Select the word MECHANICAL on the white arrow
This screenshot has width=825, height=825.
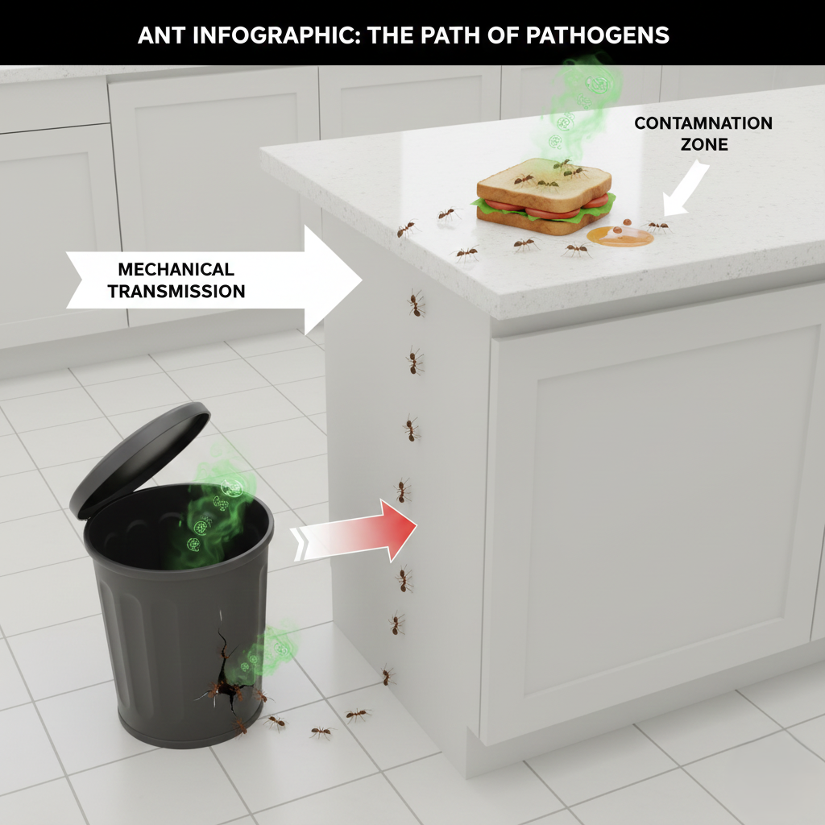(176, 269)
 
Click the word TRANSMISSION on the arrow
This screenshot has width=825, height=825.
(176, 292)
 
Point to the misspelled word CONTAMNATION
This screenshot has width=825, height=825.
(703, 123)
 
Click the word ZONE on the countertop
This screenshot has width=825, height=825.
(703, 145)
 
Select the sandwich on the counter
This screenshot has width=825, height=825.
(544, 197)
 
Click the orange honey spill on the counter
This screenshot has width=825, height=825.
(620, 235)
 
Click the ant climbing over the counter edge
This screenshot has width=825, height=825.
(407, 230)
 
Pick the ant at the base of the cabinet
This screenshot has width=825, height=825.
(388, 676)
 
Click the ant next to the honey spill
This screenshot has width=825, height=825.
(657, 226)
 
